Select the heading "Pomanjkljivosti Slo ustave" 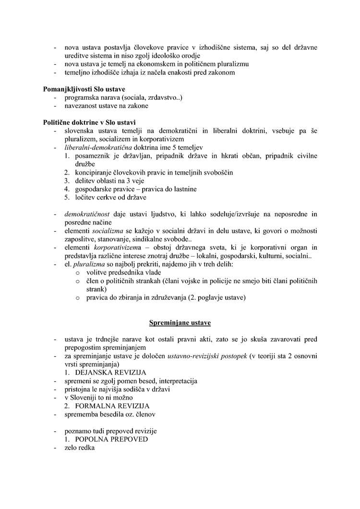84,89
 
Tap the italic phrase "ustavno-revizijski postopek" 205,356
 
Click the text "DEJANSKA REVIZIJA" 110,373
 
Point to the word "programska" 81,97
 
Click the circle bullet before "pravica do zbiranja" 78,298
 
